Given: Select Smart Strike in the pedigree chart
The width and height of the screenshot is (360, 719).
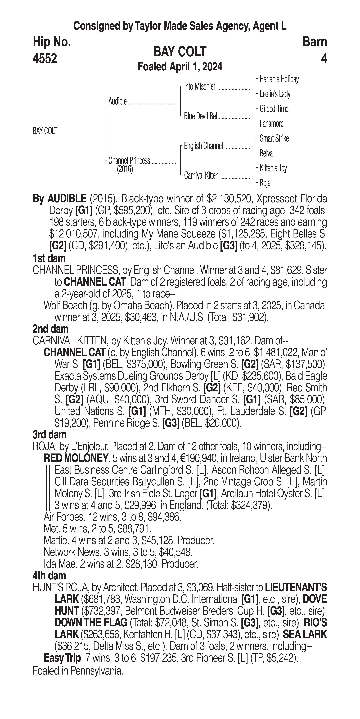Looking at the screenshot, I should tap(274, 138).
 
